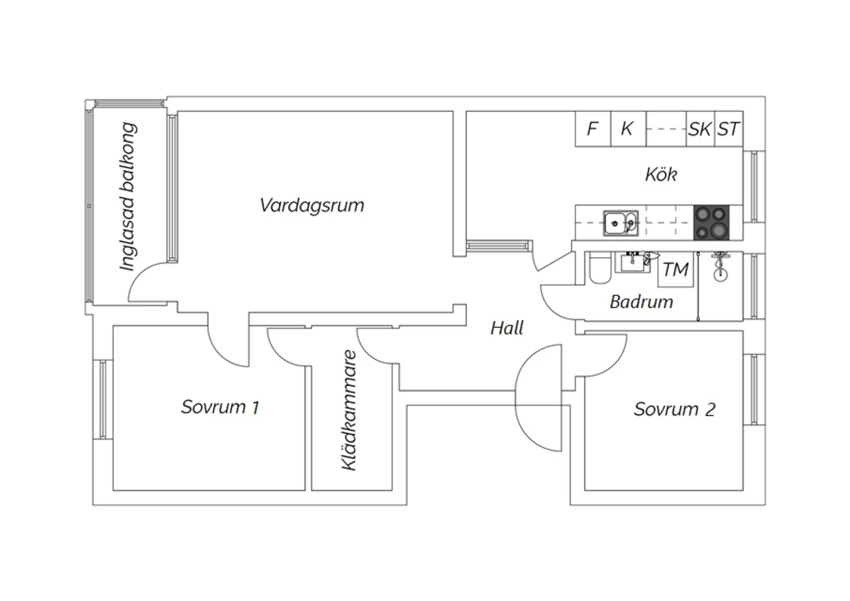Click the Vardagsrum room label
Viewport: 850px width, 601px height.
[312, 205]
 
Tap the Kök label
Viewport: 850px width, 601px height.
[661, 174]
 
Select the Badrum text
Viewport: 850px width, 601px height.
[641, 302]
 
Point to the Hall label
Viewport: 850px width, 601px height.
[507, 328]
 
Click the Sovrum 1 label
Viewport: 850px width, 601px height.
[220, 407]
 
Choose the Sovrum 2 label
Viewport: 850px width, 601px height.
[675, 409]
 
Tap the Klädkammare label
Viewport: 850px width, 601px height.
[349, 410]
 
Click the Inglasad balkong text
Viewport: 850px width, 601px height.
[128, 196]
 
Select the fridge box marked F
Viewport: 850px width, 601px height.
[593, 129]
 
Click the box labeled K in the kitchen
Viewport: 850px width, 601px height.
[628, 129]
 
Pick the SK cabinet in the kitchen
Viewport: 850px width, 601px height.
[700, 129]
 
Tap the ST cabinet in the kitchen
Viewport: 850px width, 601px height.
[729, 129]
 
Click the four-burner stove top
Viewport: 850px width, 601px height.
[712, 223]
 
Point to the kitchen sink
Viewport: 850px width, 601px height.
[621, 223]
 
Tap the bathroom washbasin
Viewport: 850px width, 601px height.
[632, 263]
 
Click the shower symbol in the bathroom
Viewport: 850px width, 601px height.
[720, 267]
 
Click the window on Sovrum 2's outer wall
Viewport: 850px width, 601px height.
[754, 390]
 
